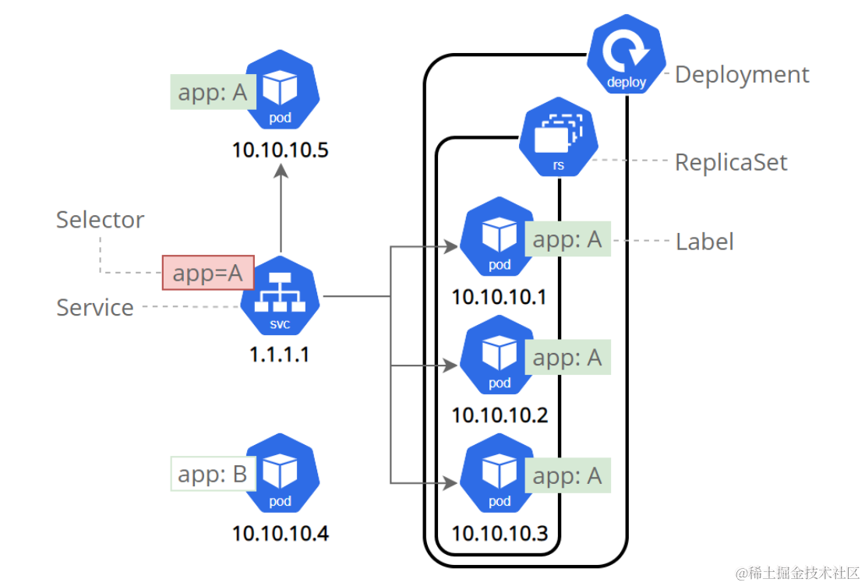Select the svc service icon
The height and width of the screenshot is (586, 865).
pos(280,297)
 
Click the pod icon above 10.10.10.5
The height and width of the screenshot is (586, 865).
pos(280,91)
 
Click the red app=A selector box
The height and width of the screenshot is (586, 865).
pos(208,273)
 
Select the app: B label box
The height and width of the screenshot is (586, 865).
pos(213,474)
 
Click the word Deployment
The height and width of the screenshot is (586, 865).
pos(742,75)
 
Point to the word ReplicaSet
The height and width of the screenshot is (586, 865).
pos(731,162)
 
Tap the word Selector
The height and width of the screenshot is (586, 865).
pos(100,220)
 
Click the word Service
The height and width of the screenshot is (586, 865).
pos(94,308)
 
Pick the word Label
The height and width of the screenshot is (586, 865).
pos(704,242)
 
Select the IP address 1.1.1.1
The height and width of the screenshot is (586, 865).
pos(279,355)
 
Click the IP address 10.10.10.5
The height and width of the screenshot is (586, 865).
pos(280,149)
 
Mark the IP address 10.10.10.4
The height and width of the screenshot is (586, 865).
pos(280,534)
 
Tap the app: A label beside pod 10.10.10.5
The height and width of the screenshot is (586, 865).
pos(212,93)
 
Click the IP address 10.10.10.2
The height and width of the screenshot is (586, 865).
pos(500,415)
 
